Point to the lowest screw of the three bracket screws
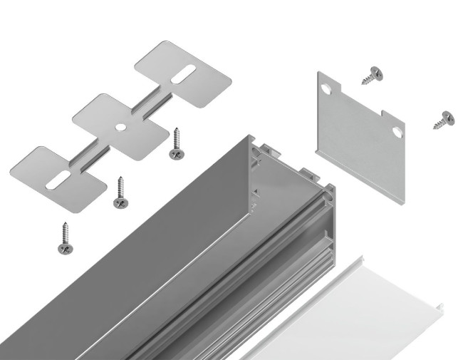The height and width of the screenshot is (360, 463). (x=66, y=240)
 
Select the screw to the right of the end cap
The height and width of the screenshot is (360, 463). (x=444, y=120)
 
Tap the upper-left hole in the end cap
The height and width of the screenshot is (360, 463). (x=327, y=88)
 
